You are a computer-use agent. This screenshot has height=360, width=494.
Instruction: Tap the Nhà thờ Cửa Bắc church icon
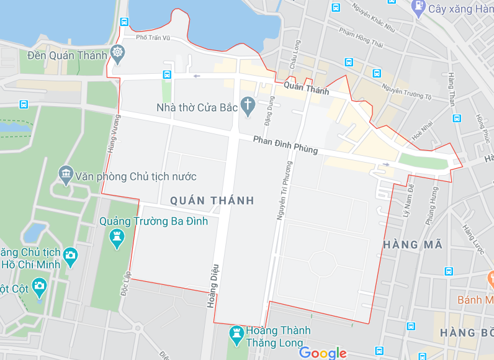[248, 106]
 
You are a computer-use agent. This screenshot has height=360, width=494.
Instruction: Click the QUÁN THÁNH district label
[212, 200]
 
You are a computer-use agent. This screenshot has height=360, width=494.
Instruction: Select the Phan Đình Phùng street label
[285, 145]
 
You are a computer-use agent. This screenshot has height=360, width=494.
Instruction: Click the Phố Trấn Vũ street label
[153, 38]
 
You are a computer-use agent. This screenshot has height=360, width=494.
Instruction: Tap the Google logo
[323, 353]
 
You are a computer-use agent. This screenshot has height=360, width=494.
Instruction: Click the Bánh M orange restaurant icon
[489, 275]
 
